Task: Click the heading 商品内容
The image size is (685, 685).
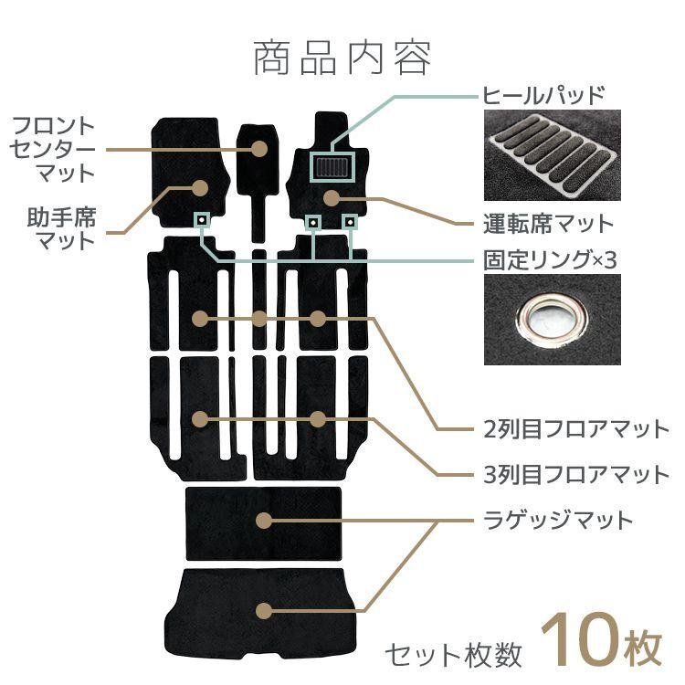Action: pos(342,58)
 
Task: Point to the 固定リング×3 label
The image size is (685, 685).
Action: pos(550,260)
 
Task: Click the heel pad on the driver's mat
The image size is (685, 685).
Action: pos(332,167)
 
